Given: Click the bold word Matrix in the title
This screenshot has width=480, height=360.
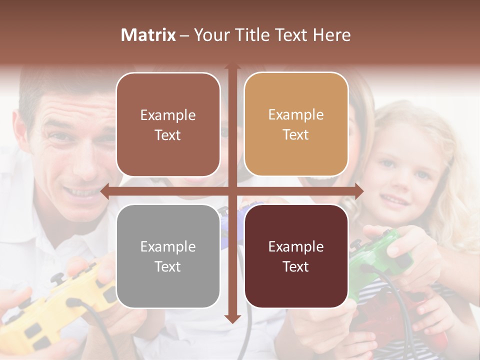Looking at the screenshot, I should (148, 35).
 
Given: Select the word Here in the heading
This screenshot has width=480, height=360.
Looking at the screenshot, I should (332, 35).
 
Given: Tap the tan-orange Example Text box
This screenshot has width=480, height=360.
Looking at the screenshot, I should (296, 124).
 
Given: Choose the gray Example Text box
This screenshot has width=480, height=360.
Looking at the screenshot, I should (168, 256).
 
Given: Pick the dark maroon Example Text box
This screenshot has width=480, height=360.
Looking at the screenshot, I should (296, 256).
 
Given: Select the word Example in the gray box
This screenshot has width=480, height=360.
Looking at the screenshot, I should (168, 246).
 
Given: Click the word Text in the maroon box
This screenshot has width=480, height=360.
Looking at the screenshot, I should (296, 266).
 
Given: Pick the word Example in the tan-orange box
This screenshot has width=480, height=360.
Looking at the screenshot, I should (296, 114).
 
